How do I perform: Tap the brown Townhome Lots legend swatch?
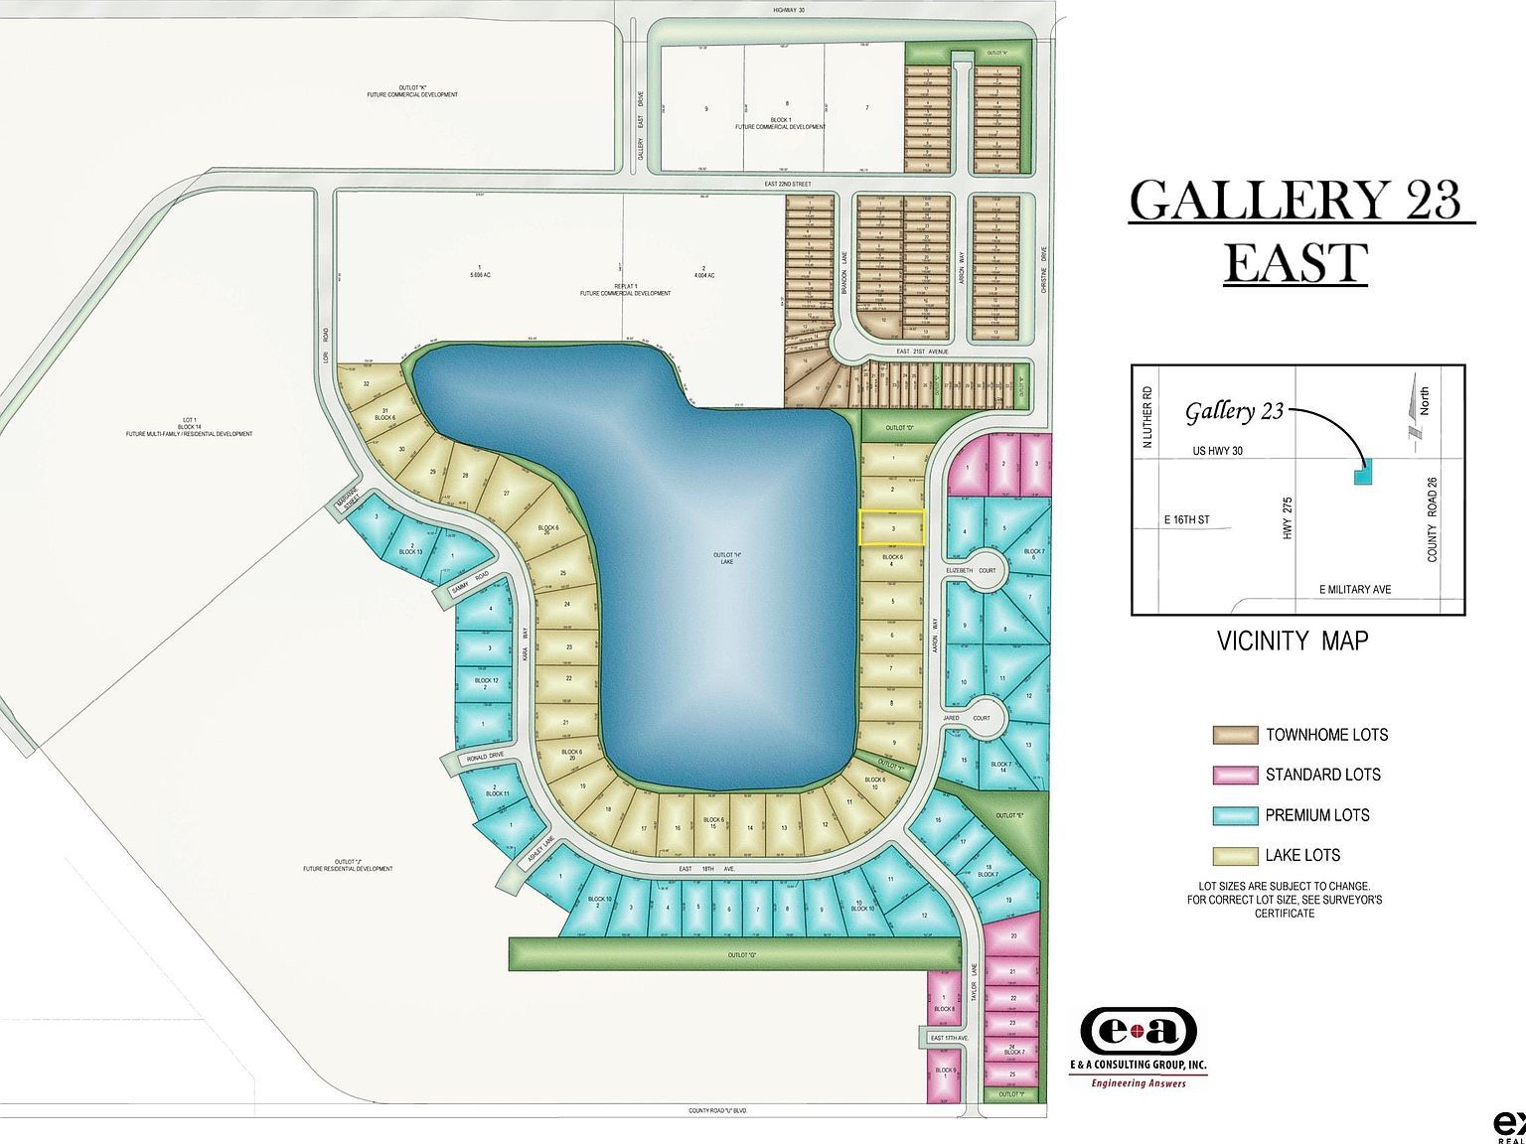[1235, 735]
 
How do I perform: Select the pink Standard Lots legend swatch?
[1235, 775]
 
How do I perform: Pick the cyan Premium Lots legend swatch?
[1235, 815]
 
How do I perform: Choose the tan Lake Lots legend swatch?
[1235, 855]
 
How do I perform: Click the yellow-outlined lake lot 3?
[892, 528]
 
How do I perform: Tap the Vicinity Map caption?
[1293, 641]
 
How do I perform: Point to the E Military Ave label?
[1355, 589]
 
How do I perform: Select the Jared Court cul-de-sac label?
[981, 717]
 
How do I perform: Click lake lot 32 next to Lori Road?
[367, 383]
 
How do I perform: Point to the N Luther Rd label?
[1148, 417]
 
